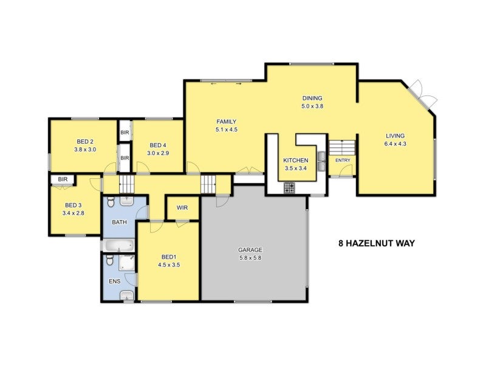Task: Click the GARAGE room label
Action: (x=250, y=250)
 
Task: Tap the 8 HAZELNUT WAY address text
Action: (x=377, y=243)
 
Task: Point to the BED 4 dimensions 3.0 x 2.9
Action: (x=157, y=153)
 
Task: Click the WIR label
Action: (x=182, y=208)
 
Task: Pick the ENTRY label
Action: (x=343, y=161)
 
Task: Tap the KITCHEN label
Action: (x=296, y=161)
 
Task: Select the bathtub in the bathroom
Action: (x=118, y=246)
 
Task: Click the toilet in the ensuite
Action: (x=109, y=261)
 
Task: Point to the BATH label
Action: (x=119, y=222)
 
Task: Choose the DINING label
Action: (x=312, y=98)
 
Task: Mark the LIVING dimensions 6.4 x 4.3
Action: (x=395, y=144)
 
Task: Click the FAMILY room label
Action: (x=226, y=121)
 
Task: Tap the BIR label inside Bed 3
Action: (x=63, y=179)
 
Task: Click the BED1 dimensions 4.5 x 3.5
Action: (x=169, y=265)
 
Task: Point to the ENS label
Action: (x=114, y=282)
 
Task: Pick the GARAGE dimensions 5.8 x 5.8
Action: (x=250, y=258)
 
